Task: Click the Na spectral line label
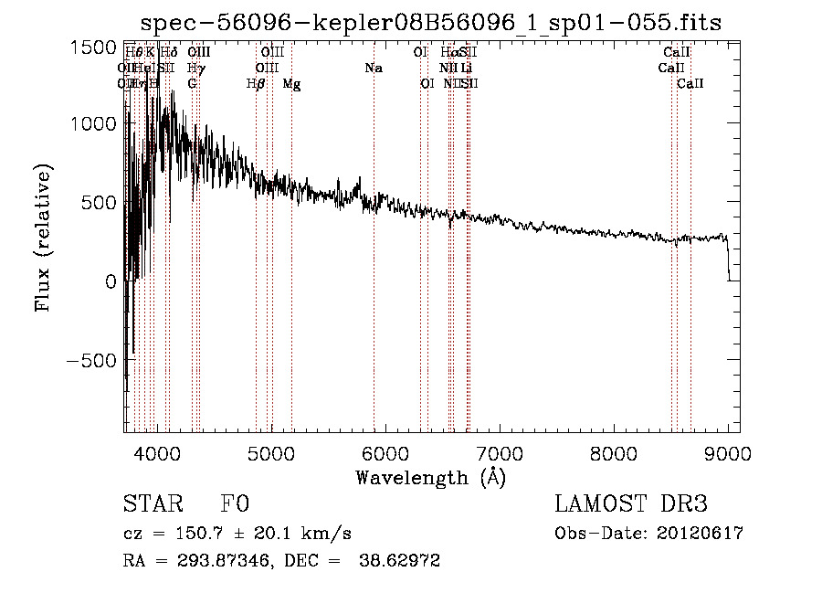pos(374,69)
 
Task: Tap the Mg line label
pos(291,84)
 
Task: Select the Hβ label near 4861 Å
pos(256,84)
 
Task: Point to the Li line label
pos(466,69)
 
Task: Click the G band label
pos(192,84)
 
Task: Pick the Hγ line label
pos(195,69)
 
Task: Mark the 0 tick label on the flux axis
pos(111,282)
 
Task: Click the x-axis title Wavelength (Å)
pos(430,478)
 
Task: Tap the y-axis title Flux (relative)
pos(42,237)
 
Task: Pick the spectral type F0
pos(235,505)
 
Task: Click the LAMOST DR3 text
pos(631,505)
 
